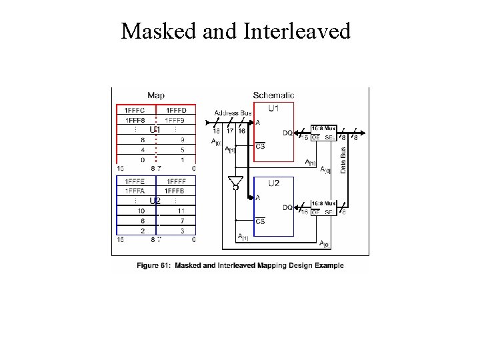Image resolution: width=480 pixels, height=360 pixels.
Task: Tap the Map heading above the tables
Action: (x=156, y=95)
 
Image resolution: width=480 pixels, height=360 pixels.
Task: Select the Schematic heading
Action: (x=273, y=95)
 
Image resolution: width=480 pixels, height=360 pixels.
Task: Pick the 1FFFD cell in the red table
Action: (x=176, y=110)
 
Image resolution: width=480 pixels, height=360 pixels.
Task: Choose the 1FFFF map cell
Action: (x=176, y=181)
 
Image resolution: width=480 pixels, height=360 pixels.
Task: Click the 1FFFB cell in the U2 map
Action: (x=176, y=191)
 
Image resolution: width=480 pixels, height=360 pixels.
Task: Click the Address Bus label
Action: (x=233, y=113)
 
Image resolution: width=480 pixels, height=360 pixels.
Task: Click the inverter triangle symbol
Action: (x=235, y=181)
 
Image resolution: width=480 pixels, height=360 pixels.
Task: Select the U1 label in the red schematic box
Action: (x=274, y=109)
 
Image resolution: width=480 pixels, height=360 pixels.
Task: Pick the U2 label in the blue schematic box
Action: (x=274, y=183)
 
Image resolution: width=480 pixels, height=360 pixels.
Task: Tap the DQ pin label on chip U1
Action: (x=287, y=133)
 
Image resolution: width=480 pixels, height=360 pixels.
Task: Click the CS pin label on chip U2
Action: (x=260, y=221)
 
